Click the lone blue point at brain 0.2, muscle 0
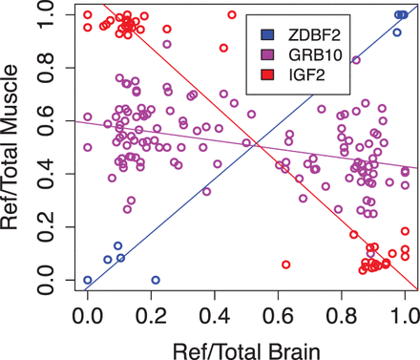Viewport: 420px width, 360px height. coord(156,280)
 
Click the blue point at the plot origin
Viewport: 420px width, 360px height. coord(88,280)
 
